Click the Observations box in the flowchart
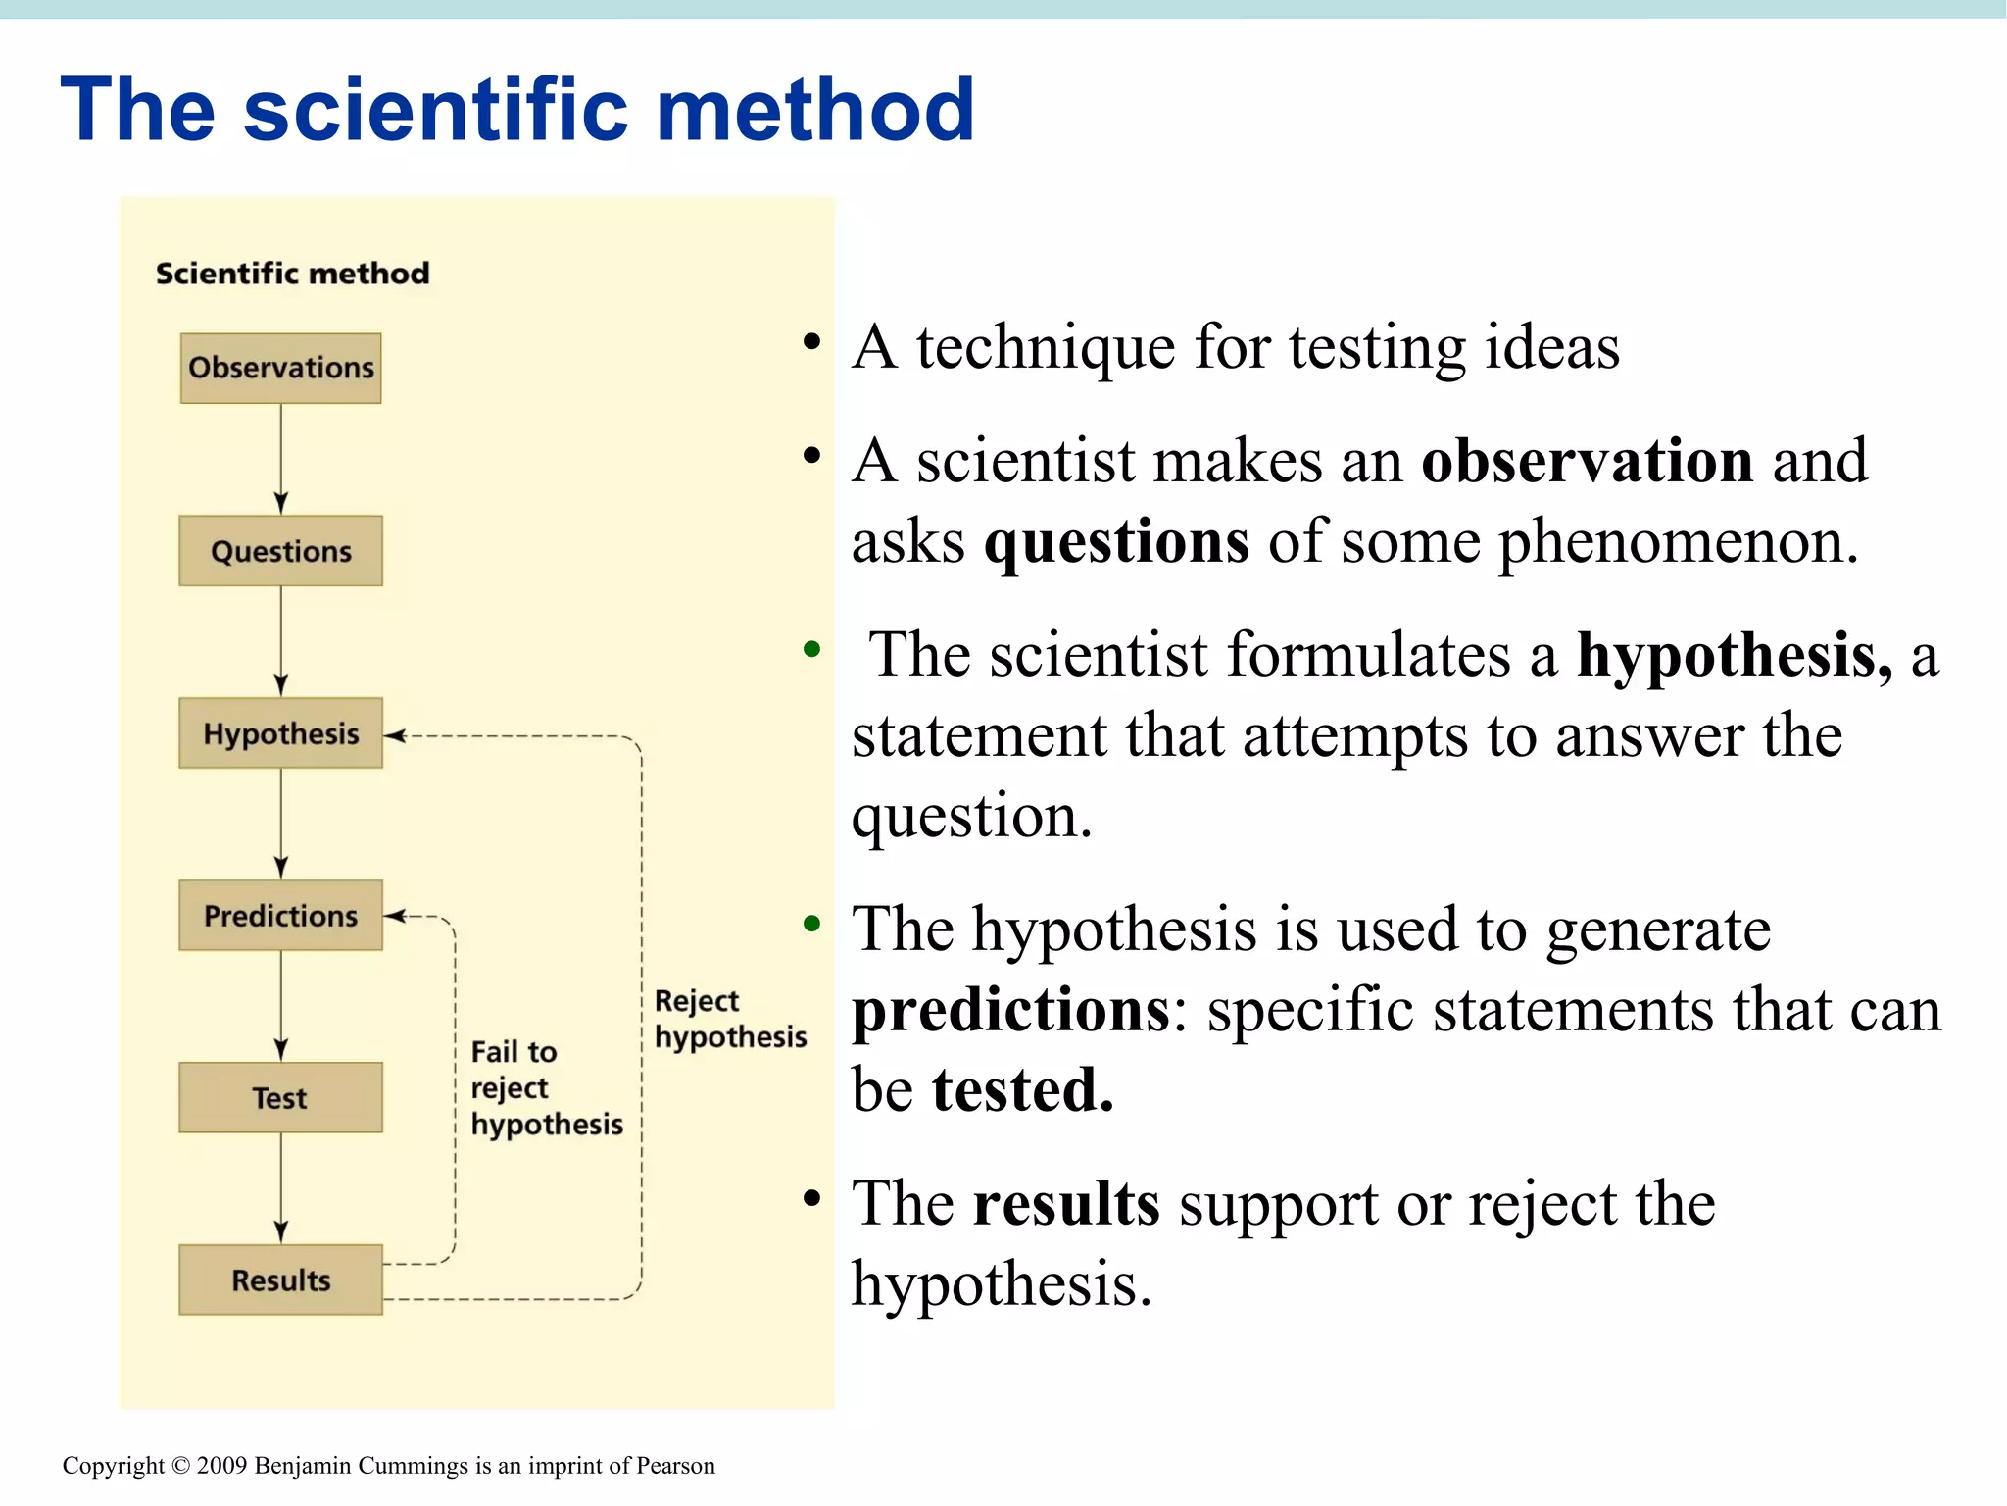280,368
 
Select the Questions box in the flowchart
280,551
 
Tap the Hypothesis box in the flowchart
280,733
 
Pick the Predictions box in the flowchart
280,916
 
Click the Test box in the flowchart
280,1098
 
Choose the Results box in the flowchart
280,1280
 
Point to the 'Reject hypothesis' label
729,1019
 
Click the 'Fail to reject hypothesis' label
546,1088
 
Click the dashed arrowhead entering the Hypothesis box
394,735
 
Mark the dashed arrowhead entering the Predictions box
394,917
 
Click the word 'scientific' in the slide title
435,110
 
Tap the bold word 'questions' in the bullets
1116,541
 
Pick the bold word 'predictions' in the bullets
1010,1010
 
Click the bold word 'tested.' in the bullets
1022,1090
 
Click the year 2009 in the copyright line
221,1466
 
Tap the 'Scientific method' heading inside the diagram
292,274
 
